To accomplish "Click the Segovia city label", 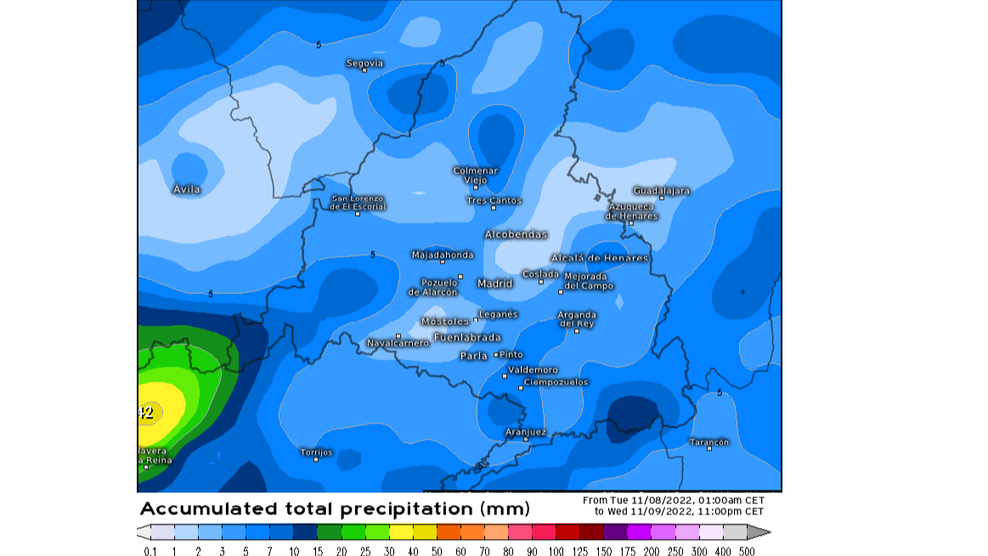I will coord(364,63).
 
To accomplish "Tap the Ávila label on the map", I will coord(187,189).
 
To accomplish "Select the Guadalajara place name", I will coord(661,190).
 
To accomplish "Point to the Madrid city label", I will coord(495,283).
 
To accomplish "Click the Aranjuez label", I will coord(526,432).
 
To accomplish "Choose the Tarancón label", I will coord(709,442).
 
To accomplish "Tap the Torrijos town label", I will coord(317,451).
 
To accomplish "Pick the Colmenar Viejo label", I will coord(475,175).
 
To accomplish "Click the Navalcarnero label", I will coord(398,343).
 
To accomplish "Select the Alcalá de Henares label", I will coord(600,258).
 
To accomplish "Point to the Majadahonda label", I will coord(442,254).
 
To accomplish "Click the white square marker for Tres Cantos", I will coord(494,207).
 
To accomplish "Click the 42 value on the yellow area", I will coord(145,413).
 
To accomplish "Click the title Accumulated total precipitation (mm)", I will coord(335,509).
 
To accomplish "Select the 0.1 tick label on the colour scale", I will coord(150,551).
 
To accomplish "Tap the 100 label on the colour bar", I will coord(556,551).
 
